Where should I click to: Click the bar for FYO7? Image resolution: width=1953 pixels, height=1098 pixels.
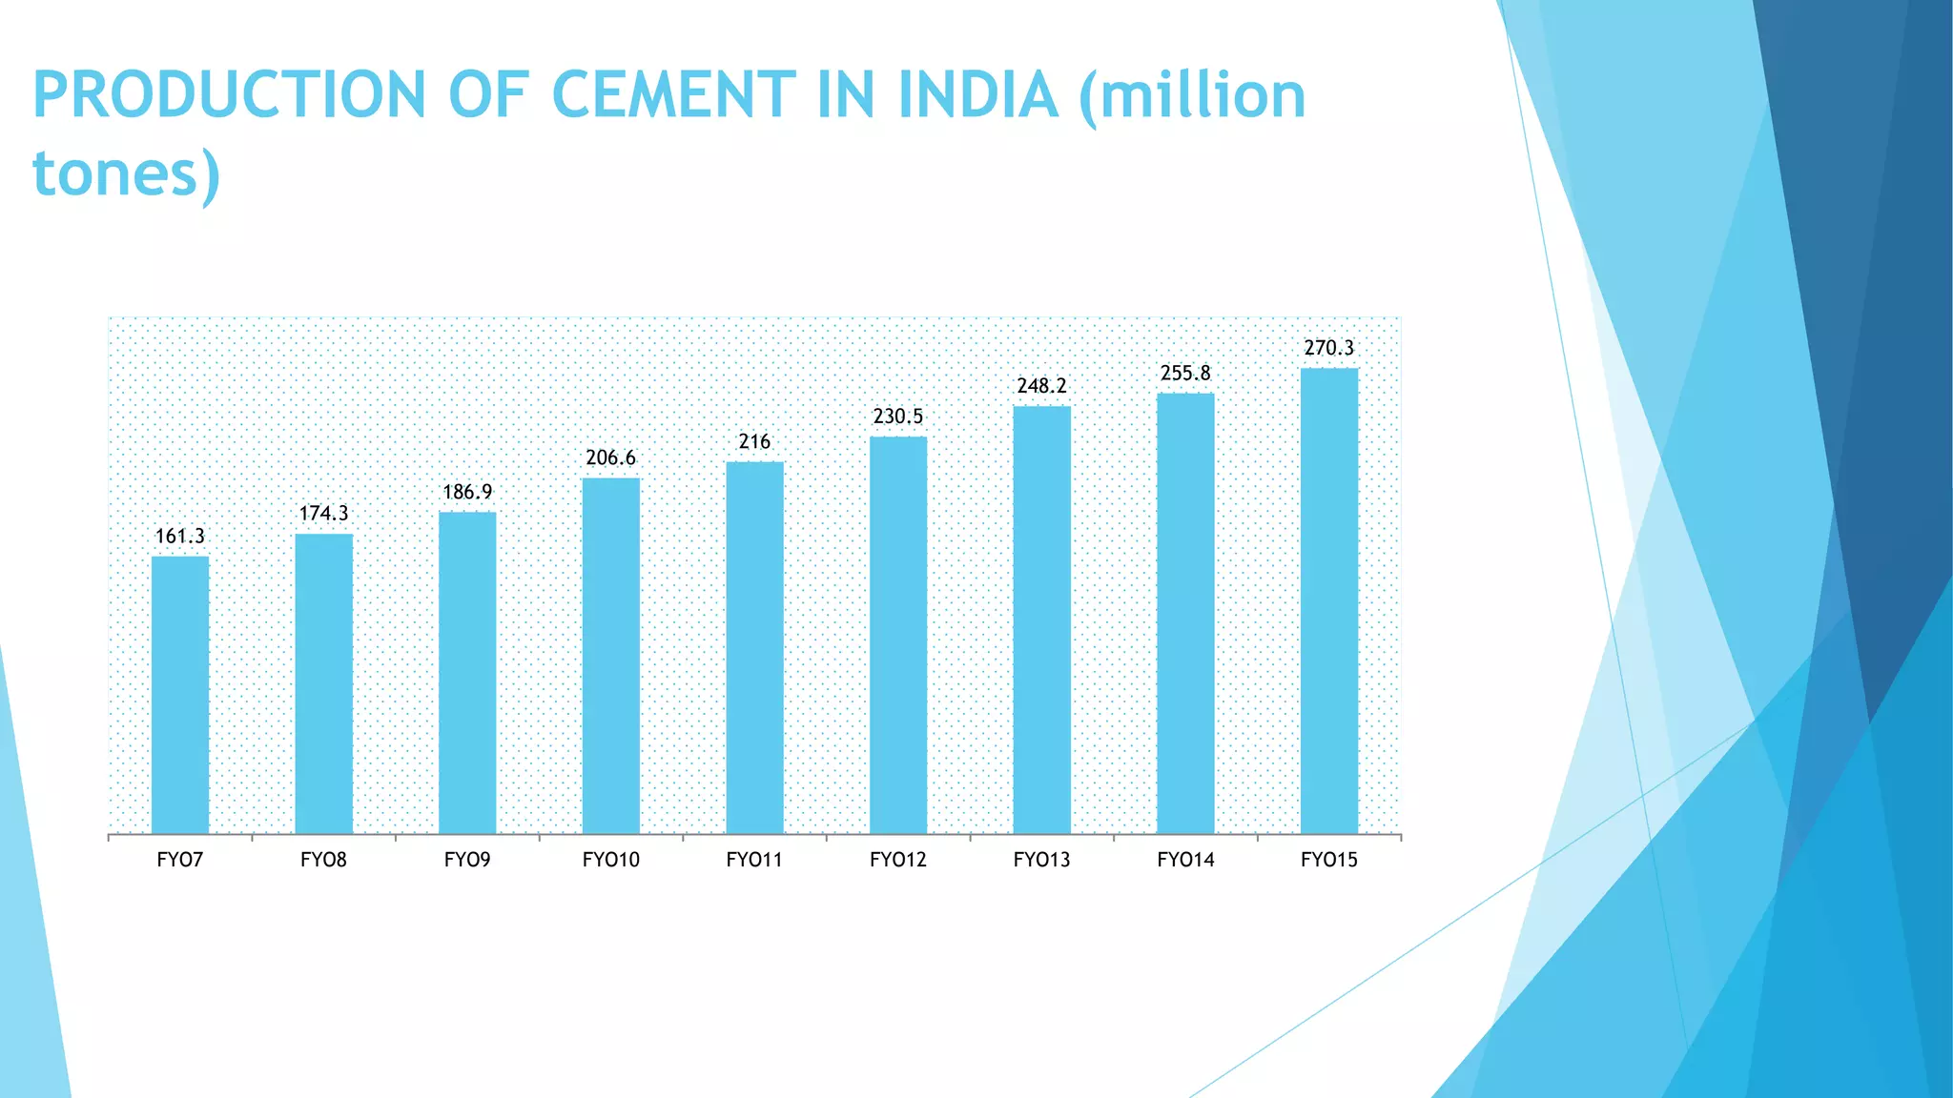tap(180, 695)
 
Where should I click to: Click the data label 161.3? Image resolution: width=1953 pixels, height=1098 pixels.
tap(180, 537)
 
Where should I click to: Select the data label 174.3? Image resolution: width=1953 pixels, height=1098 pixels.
tap(324, 514)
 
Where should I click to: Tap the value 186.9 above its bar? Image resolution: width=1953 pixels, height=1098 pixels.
tap(467, 492)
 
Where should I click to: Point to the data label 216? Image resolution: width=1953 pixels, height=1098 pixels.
tap(754, 441)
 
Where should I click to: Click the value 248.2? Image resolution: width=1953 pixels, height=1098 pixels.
tap(1042, 386)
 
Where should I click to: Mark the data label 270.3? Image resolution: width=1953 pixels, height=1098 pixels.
tap(1329, 348)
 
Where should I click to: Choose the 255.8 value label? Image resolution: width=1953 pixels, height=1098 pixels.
tap(1185, 374)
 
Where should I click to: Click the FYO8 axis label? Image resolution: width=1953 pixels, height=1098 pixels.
tap(324, 860)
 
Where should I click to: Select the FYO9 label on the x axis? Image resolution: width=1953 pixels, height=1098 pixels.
tap(467, 860)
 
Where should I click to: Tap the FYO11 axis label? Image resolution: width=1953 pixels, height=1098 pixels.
tap(754, 860)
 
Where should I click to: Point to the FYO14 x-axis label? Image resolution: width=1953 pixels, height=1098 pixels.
tap(1185, 860)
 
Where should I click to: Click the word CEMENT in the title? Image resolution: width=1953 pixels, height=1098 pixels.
tap(673, 95)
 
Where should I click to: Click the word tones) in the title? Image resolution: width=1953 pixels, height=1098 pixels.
tap(127, 173)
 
